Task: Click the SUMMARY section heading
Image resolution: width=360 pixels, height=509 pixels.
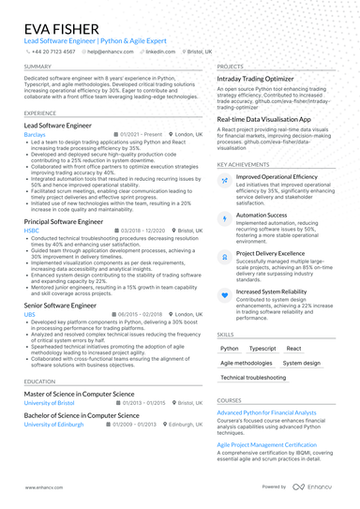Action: coord(38,67)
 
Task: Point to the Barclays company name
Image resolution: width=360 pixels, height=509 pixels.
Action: coord(35,134)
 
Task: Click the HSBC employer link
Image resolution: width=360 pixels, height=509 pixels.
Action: coord(32,229)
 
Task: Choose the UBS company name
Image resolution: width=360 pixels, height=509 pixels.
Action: coord(30,314)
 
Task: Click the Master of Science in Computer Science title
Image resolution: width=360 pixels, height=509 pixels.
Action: coord(79,395)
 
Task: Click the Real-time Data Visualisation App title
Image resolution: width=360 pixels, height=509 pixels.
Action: coord(265,120)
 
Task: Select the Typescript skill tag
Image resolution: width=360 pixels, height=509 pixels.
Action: coord(262,348)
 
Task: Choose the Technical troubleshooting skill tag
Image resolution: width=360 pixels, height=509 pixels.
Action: coord(253,377)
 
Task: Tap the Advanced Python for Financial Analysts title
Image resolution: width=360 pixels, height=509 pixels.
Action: coord(266,412)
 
